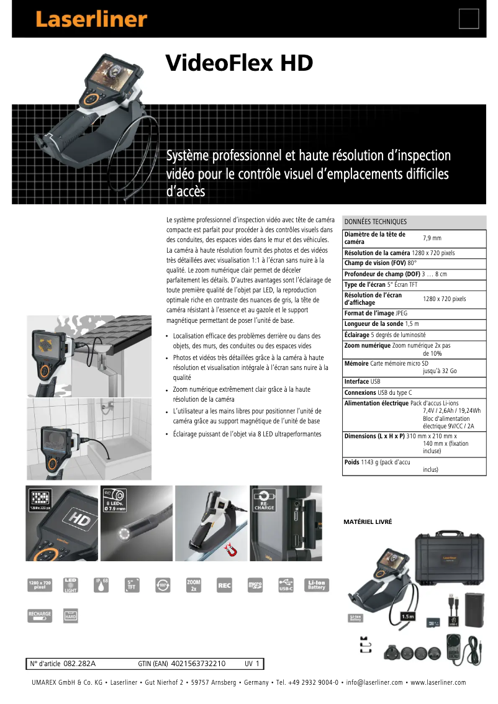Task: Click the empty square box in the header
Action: tap(469, 19)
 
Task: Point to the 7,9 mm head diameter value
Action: tap(432, 238)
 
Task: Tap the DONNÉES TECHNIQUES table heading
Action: tap(376, 222)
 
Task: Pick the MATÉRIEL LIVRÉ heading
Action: tap(368, 522)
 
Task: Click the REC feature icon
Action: tap(225, 585)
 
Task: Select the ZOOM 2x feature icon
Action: tap(193, 585)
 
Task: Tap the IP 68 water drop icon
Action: tap(101, 585)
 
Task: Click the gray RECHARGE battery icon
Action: tap(40, 615)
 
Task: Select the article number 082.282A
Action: tap(79, 664)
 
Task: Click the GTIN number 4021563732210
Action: tap(198, 664)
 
